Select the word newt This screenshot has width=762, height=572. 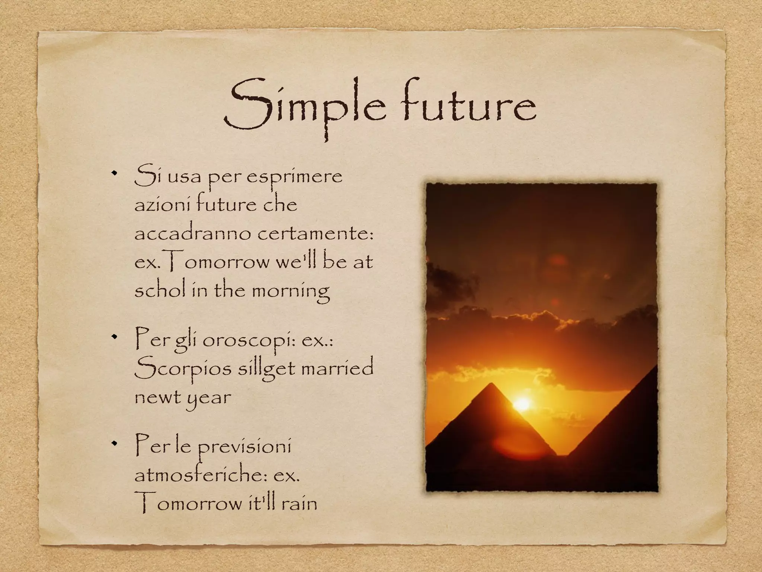(x=157, y=397)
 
